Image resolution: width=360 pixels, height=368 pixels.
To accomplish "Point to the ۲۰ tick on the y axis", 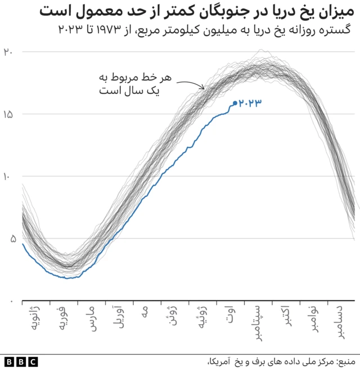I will click(8, 51).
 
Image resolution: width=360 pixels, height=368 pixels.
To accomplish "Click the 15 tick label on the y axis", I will click(7, 114).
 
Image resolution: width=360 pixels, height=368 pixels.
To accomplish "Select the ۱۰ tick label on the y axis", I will click(7, 177).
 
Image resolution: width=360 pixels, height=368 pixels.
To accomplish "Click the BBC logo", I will click(21, 361).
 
